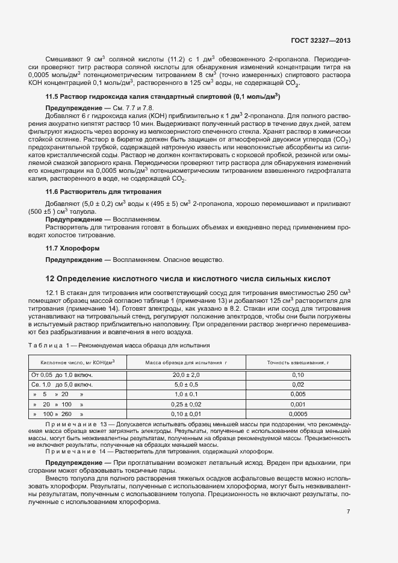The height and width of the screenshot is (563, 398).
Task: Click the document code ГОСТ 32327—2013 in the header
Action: [x=320, y=41]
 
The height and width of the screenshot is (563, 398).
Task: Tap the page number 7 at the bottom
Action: [x=349, y=512]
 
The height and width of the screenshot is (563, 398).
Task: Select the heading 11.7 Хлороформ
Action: [x=73, y=248]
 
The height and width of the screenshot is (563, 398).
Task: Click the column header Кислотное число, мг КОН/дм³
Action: [x=78, y=362]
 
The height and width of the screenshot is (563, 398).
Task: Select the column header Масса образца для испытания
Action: [x=185, y=362]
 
